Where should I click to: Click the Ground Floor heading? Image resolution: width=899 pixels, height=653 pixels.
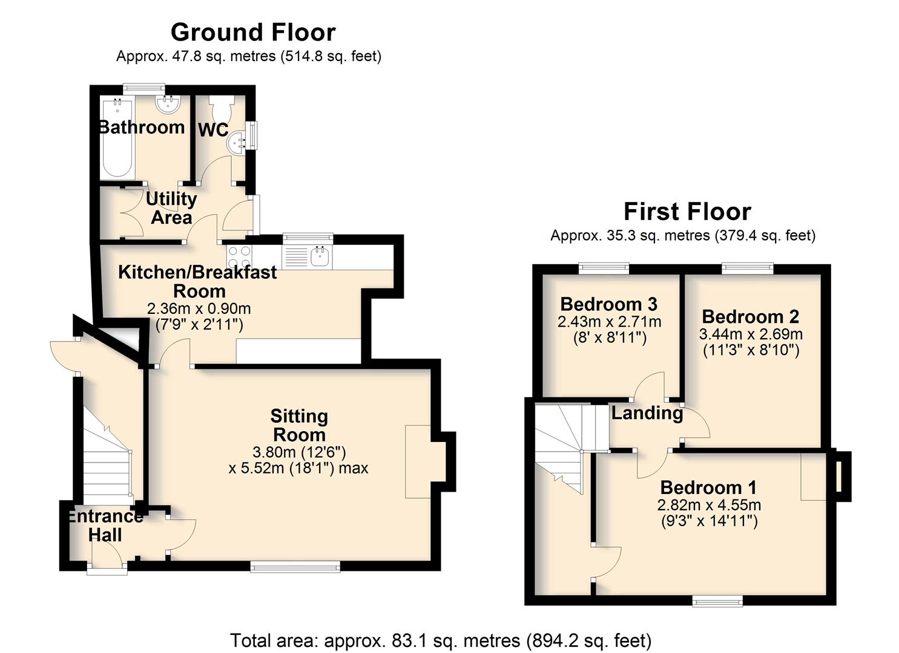tap(253, 33)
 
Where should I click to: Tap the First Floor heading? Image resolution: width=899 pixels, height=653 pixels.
tap(687, 212)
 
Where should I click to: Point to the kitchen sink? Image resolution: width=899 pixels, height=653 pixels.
tap(320, 256)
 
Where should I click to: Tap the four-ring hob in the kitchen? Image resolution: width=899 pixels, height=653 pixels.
tap(239, 257)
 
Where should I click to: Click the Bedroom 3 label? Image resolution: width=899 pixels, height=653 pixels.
tap(609, 304)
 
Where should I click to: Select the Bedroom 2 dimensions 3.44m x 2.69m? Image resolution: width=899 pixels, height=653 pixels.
tap(751, 334)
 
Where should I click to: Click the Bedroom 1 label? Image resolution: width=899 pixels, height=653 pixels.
tap(708, 487)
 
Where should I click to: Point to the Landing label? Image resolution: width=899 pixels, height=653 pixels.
tap(647, 414)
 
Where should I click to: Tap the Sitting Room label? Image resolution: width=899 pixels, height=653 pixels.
tap(299, 425)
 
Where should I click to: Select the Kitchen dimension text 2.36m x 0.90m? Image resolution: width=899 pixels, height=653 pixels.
tap(199, 308)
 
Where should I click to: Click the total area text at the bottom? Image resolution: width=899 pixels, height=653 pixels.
tap(441, 640)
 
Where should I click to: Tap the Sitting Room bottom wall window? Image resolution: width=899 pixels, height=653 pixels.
tap(295, 566)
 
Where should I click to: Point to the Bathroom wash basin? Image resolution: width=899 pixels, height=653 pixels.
tap(168, 104)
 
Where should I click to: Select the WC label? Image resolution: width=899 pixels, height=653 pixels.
tap(213, 130)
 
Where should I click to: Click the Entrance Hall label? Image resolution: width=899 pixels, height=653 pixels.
tap(105, 526)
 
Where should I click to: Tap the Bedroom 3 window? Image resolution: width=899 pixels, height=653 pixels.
tap(604, 268)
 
